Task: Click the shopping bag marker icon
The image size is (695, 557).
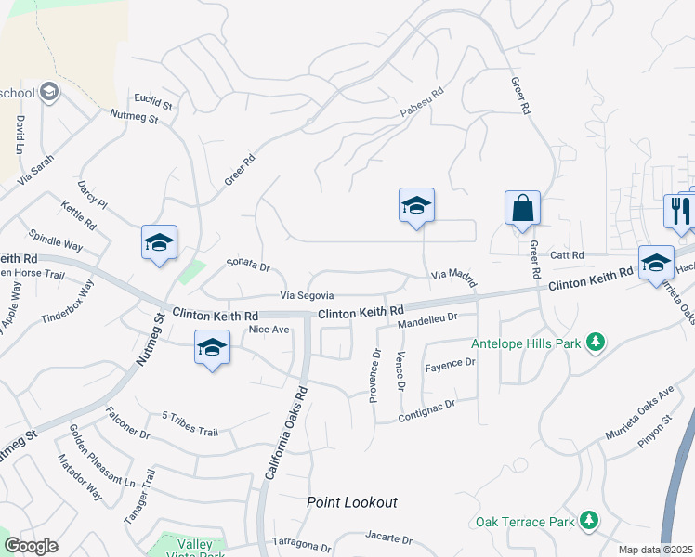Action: tap(522, 209)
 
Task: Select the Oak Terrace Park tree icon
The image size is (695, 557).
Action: tap(588, 522)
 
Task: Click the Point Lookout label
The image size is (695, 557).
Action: tap(352, 502)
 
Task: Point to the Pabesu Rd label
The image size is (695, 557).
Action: tap(423, 102)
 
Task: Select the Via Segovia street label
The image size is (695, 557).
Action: tap(308, 295)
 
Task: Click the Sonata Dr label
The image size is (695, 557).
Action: tap(248, 266)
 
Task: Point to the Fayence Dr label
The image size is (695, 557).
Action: tap(450, 364)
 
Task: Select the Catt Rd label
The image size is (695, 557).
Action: tap(565, 254)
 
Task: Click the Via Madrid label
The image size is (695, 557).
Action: tap(454, 275)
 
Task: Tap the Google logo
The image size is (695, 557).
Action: tap(31, 546)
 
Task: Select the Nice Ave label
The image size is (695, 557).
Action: tap(268, 329)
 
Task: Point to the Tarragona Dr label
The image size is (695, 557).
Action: tap(301, 541)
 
